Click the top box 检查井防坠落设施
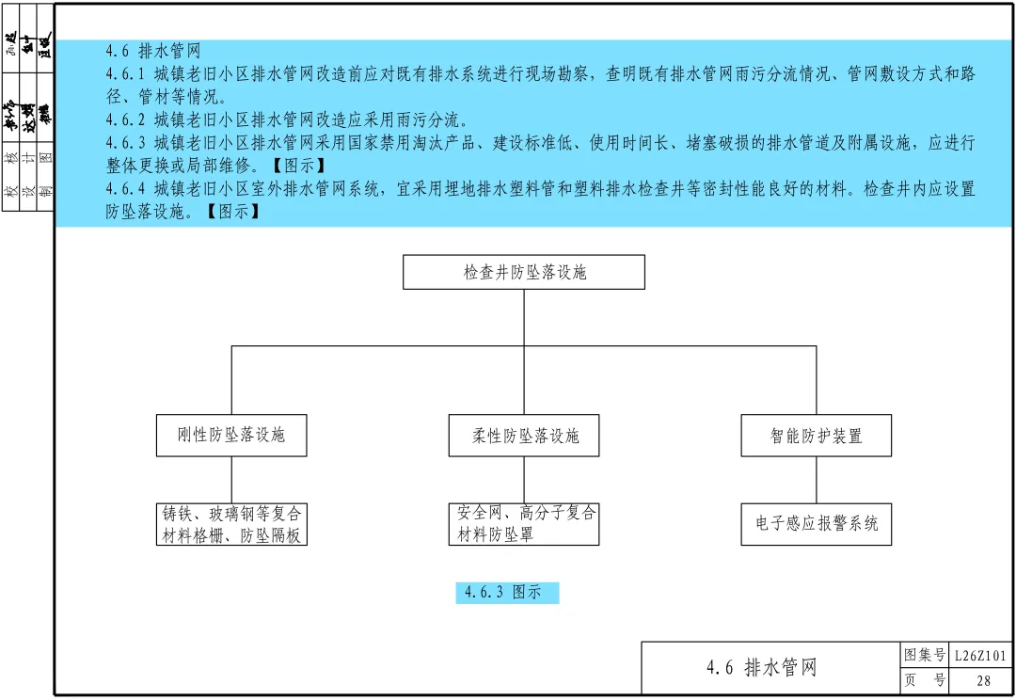tap(524, 272)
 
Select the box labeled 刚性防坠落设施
tap(231, 436)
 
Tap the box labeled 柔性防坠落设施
tap(524, 436)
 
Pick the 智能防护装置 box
tap(816, 436)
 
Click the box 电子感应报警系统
tap(816, 524)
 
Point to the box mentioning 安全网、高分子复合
tap(524, 524)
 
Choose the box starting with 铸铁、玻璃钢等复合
tap(231, 524)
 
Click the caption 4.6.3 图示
tap(507, 593)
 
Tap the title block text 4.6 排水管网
tap(761, 668)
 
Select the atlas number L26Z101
tap(980, 656)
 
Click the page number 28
tap(984, 681)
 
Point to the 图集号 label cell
tap(924, 656)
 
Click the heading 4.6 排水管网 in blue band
tap(153, 51)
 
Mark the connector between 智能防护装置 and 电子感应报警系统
tap(816, 480)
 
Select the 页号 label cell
tap(924, 681)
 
